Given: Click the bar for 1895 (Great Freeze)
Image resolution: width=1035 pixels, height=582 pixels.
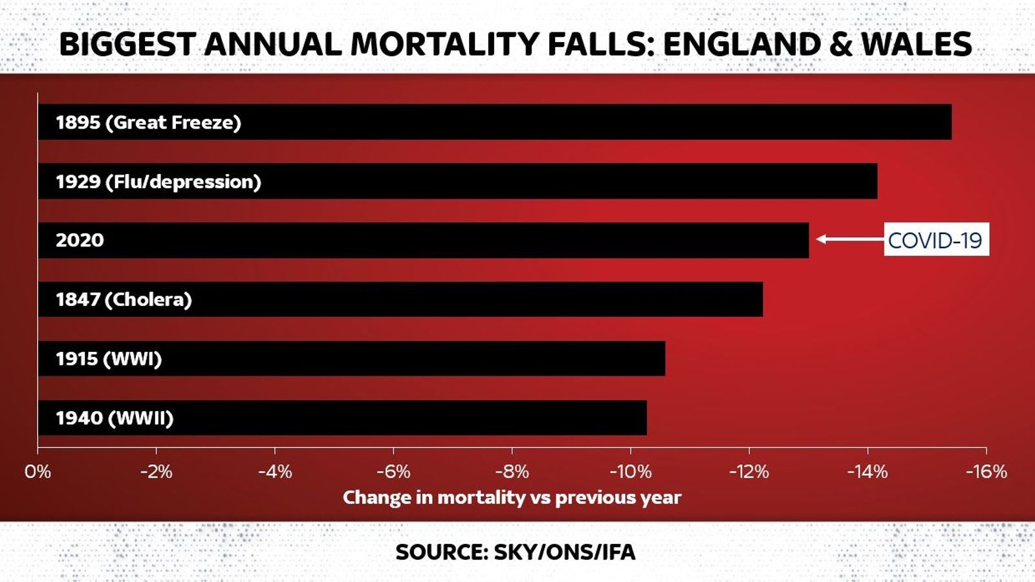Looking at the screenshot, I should pos(495,122).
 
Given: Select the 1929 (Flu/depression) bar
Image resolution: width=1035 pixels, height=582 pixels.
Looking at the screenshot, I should pos(457,181).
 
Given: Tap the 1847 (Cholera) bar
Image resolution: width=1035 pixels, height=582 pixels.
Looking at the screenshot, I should pos(400,299).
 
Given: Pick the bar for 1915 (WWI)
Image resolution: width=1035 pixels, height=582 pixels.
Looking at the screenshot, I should pos(351,359).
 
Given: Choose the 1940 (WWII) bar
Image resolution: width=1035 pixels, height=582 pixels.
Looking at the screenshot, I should pos(342,418).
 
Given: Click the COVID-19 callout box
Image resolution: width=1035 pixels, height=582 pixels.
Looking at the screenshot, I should pos(935,240).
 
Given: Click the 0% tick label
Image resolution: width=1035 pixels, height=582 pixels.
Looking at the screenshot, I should pos(38,471).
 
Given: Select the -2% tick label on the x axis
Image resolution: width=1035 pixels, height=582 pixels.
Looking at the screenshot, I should pos(156,471).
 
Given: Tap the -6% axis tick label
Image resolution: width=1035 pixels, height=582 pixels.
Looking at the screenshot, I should pos(393,471).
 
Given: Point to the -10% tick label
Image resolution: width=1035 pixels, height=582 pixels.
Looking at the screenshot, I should pos(630,471).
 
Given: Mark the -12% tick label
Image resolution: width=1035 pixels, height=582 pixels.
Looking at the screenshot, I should pos(748,471).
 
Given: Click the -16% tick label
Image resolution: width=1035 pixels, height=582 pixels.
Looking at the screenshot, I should pos(986,471).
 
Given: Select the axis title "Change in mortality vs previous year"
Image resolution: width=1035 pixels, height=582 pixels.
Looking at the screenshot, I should pos(512,497).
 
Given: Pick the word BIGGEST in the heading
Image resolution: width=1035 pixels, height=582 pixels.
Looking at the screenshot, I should pos(127,44).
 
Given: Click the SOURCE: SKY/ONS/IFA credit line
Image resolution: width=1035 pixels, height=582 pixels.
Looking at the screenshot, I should pos(516,552).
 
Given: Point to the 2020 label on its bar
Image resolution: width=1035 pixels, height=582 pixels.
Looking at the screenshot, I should pos(80,241).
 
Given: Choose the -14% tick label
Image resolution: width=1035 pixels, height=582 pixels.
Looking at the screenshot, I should pos(867,471).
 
